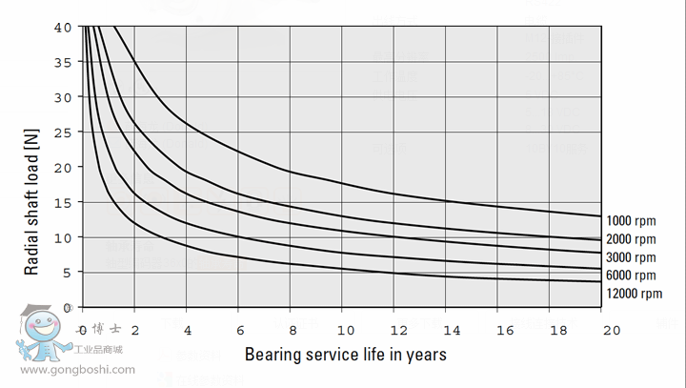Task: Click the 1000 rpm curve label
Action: (x=631, y=220)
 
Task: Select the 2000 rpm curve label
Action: (x=631, y=239)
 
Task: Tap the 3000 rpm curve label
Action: (x=631, y=257)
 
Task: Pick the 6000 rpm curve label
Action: (x=631, y=276)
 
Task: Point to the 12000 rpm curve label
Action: (x=634, y=294)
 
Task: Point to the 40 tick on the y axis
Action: (x=64, y=27)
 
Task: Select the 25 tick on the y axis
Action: (x=64, y=132)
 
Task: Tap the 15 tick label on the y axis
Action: (x=64, y=202)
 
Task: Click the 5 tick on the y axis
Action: (x=68, y=272)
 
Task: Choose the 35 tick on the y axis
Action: (x=64, y=62)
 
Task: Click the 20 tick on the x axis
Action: (x=611, y=330)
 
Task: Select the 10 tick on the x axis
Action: (x=347, y=330)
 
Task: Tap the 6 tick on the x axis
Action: (x=241, y=330)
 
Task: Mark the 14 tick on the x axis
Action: (x=453, y=330)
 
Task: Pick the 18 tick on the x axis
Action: (x=558, y=330)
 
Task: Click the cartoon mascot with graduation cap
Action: (x=42, y=334)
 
